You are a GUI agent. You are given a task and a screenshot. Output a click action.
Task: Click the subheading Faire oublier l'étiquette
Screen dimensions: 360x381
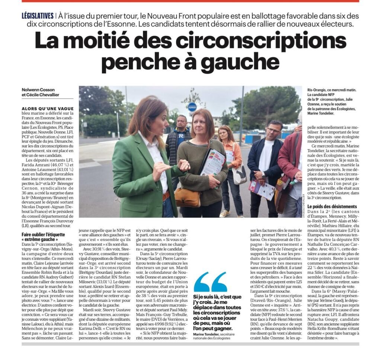pos(43,235)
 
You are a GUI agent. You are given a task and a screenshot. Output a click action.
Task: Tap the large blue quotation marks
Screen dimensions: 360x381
pos(210,282)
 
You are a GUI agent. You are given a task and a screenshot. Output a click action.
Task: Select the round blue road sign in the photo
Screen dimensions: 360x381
pos(192,106)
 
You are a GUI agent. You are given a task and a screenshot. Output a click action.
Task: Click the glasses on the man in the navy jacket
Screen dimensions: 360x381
pos(273,130)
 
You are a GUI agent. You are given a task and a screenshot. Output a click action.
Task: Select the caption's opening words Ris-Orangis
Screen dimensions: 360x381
pos(319,90)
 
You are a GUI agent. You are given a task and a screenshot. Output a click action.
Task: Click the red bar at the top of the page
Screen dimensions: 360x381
pos(190,1)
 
